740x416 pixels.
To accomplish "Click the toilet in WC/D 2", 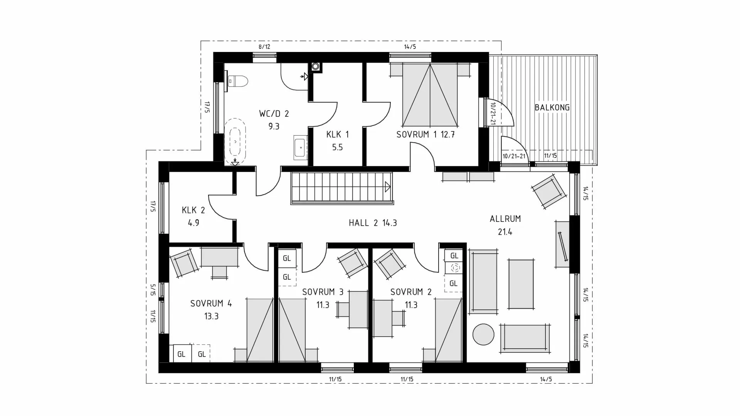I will [237, 81].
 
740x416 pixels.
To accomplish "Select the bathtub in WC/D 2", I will [235, 142].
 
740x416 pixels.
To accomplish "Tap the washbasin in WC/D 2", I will [300, 147].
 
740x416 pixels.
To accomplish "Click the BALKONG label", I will [552, 107].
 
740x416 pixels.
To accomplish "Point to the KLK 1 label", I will [337, 134].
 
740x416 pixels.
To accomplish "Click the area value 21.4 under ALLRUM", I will [505, 232].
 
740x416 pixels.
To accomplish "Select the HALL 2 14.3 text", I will [373, 223].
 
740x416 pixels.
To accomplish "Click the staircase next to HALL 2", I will [341, 188].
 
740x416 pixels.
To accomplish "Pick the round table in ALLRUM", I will [483, 334].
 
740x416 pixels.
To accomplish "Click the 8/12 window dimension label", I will [264, 47].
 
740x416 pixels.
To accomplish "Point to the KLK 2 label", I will [193, 210].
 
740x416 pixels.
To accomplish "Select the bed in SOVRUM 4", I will [260, 330].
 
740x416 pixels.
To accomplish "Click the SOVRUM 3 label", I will [323, 292].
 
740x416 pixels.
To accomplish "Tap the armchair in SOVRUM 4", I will [185, 263].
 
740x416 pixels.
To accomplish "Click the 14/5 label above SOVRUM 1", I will [410, 47].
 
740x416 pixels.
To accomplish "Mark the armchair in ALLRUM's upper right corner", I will [549, 191].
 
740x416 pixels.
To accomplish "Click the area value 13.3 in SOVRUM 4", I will [211, 316].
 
